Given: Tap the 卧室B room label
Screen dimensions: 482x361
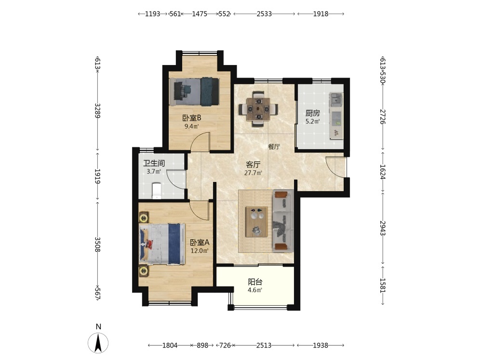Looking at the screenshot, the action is [x=192, y=117].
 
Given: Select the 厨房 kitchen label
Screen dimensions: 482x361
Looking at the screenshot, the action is [x=313, y=113].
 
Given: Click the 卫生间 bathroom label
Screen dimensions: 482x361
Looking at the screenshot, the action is [x=154, y=163].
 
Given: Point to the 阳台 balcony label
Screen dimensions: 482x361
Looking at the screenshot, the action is [x=255, y=282].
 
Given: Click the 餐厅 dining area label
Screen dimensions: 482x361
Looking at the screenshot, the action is [x=274, y=147].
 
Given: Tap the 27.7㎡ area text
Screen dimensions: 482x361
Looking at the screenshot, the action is [x=253, y=173].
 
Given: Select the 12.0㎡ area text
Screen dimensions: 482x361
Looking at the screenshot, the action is [x=200, y=250].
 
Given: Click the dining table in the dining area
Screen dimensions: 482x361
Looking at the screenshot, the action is [x=258, y=109].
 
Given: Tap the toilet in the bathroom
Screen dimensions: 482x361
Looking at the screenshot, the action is [x=157, y=191].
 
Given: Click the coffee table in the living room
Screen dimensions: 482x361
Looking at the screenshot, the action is [x=256, y=221].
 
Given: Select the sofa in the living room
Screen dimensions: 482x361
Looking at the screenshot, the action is [x=283, y=221].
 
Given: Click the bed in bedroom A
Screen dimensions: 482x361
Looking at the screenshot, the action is [x=162, y=244].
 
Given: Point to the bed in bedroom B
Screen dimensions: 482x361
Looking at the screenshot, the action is [x=194, y=91].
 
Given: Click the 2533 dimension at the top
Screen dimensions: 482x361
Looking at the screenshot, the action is [x=264, y=14].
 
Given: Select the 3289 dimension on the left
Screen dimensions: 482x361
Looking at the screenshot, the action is [x=97, y=111].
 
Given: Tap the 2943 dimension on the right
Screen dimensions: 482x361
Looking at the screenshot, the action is [x=382, y=228].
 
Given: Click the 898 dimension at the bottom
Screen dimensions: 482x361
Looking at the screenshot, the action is [x=202, y=345].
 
